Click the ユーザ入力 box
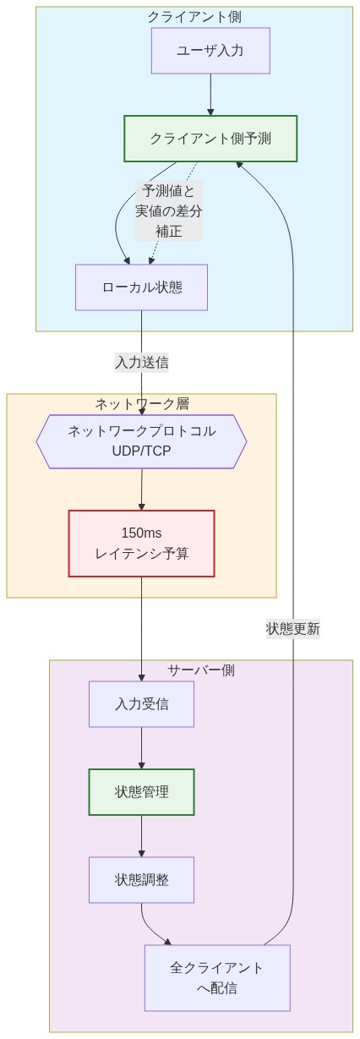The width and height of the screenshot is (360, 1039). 210,51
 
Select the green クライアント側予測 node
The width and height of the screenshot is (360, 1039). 210,138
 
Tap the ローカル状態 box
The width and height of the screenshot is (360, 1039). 141,287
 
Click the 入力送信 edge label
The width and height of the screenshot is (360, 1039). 141,362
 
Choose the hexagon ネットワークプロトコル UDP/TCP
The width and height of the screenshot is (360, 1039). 141,440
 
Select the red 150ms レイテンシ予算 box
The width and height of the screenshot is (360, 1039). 141,543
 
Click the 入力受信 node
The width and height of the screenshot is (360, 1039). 141,703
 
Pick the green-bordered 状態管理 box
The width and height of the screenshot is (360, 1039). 141,791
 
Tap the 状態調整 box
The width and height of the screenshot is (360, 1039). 141,879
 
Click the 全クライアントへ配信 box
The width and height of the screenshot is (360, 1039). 217,977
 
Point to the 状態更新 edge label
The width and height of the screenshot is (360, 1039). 293,628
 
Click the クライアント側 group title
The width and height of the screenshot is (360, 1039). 194,16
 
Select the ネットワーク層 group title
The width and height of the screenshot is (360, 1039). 141,403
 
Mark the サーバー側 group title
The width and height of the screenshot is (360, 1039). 200,670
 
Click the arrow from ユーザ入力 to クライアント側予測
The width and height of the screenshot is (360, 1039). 210,95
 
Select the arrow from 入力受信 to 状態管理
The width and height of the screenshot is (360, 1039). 141,747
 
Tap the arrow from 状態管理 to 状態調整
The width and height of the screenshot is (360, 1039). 141,835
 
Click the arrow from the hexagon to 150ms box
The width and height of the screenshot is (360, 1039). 141,489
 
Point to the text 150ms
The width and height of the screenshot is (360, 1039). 141,533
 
